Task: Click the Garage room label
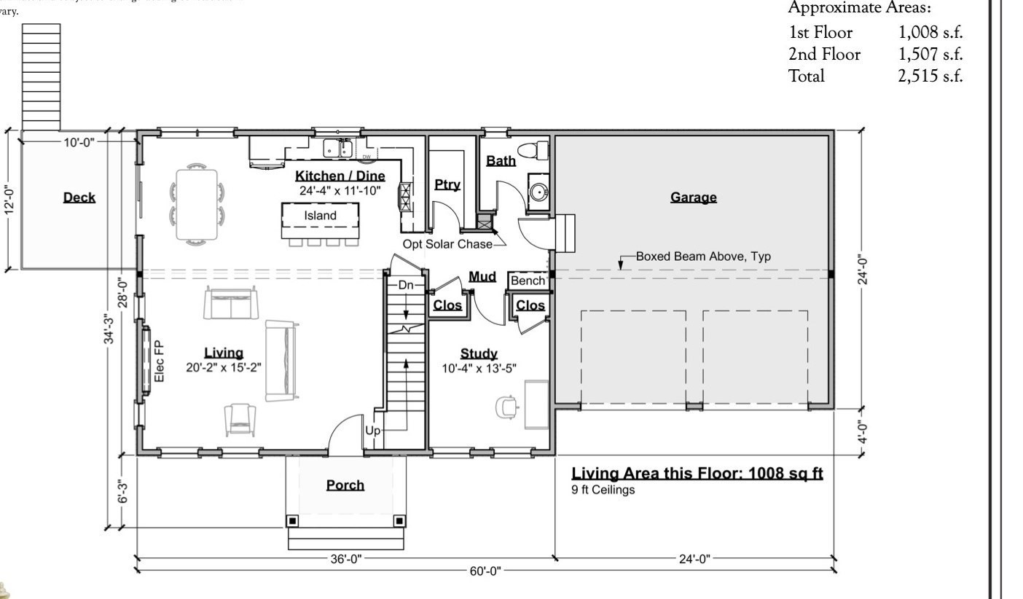[x=693, y=197]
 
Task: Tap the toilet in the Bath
[x=539, y=151]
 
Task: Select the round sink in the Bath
[x=538, y=193]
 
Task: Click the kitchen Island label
[x=320, y=215]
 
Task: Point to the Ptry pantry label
[x=447, y=184]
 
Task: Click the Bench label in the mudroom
[x=528, y=281]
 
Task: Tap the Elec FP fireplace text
[x=160, y=361]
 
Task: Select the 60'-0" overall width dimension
[x=485, y=571]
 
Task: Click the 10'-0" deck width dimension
[x=79, y=142]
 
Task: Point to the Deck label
[x=79, y=197]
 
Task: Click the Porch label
[x=345, y=485]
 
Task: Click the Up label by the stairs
[x=372, y=431]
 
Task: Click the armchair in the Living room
[x=240, y=420]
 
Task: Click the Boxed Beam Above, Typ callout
[x=702, y=257]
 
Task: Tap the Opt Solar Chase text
[x=447, y=244]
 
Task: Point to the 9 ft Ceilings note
[x=603, y=490]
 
